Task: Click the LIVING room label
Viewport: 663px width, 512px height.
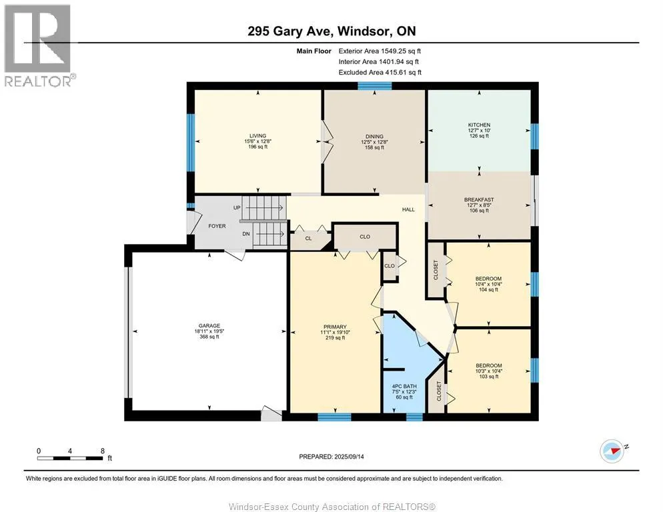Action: click(257, 136)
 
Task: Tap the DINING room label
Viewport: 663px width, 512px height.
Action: click(374, 137)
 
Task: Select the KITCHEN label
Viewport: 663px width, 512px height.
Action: click(479, 125)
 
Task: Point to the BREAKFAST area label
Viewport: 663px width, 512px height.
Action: click(479, 199)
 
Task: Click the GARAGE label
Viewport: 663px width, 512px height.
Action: click(209, 325)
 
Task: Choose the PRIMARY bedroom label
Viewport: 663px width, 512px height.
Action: click(335, 327)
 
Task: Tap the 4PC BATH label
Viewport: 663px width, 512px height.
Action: click(404, 386)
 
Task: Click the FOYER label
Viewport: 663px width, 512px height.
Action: click(217, 226)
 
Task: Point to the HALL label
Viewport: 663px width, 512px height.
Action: click(408, 209)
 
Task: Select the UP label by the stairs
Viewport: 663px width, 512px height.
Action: click(237, 207)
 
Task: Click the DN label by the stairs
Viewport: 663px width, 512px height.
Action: click(245, 234)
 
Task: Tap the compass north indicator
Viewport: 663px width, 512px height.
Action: click(613, 451)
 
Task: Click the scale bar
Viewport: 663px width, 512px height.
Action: click(70, 458)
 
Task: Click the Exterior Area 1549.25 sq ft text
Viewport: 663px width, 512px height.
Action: click(380, 51)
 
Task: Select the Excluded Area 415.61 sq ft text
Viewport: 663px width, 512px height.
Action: click(380, 72)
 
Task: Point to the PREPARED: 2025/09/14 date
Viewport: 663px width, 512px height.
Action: click(331, 457)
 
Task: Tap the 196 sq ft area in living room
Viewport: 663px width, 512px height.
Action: click(257, 147)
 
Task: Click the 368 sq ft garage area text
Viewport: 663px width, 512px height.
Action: click(209, 337)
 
